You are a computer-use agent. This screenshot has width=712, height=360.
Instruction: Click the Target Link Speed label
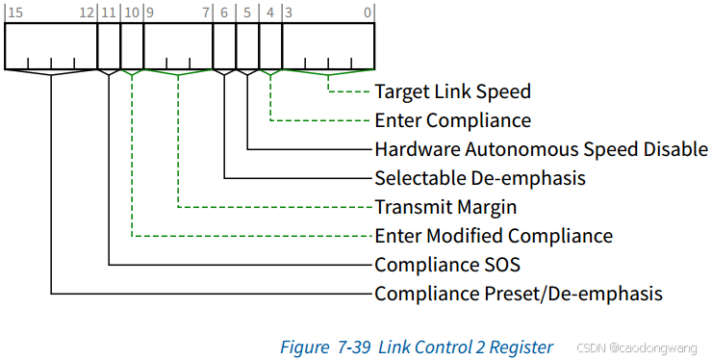pyautogui.click(x=452, y=91)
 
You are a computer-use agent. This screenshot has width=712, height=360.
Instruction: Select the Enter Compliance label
pyautogui.click(x=452, y=120)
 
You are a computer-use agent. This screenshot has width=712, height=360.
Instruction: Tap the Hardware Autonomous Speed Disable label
pyautogui.click(x=541, y=149)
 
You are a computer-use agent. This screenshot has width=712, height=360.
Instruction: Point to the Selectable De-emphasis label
pyautogui.click(x=480, y=178)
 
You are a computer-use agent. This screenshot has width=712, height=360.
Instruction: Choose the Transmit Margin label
pyautogui.click(x=445, y=207)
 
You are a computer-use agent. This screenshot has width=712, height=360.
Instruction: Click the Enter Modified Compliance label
pyautogui.click(x=494, y=236)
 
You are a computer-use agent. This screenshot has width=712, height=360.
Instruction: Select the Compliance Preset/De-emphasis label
pyautogui.click(x=519, y=294)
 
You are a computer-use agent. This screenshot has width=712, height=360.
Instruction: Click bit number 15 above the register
pyautogui.click(x=13, y=13)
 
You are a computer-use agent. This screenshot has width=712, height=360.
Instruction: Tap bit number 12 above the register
pyautogui.click(x=87, y=13)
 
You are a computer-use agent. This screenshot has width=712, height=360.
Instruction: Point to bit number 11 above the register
pyautogui.click(x=107, y=13)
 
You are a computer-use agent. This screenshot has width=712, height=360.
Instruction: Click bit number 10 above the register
pyautogui.click(x=132, y=13)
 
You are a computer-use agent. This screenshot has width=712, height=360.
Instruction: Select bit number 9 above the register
pyautogui.click(x=149, y=13)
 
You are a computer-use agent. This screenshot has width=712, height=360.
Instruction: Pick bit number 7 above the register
pyautogui.click(x=206, y=13)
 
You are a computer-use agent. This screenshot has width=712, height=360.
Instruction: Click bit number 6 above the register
pyautogui.click(x=224, y=13)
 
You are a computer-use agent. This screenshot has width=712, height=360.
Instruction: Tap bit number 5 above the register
pyautogui.click(x=247, y=13)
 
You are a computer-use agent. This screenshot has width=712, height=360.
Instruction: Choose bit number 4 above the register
pyautogui.click(x=270, y=13)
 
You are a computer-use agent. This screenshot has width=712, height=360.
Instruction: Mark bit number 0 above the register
pyautogui.click(x=369, y=13)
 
